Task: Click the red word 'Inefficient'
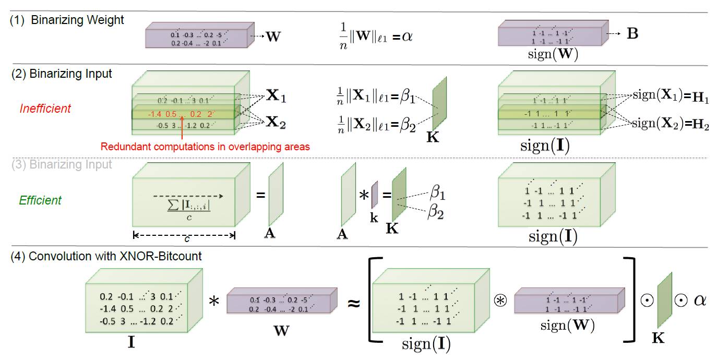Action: [x=45, y=109]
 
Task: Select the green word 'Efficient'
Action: [x=40, y=200]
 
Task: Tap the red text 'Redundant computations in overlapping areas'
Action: [x=205, y=147]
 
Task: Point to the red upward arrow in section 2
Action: [x=181, y=128]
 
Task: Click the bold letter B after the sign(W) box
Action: [x=632, y=34]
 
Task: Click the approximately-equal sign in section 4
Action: [x=354, y=303]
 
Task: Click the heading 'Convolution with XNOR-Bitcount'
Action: [x=115, y=256]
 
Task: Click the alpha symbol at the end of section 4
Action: [x=699, y=301]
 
